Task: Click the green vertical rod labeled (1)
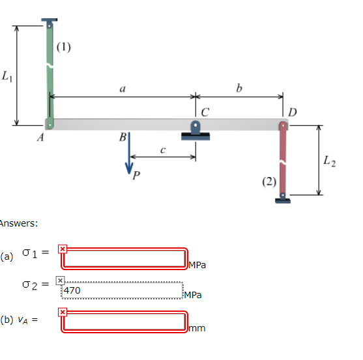click(x=50, y=72)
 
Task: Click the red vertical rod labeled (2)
click(x=283, y=159)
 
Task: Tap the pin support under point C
click(x=196, y=131)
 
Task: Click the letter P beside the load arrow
click(x=136, y=174)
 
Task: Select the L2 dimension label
click(x=330, y=161)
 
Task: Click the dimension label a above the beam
click(x=122, y=89)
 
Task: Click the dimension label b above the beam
click(x=239, y=89)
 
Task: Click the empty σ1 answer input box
click(x=124, y=258)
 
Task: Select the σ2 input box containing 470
click(x=123, y=292)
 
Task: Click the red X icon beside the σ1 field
click(x=62, y=249)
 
